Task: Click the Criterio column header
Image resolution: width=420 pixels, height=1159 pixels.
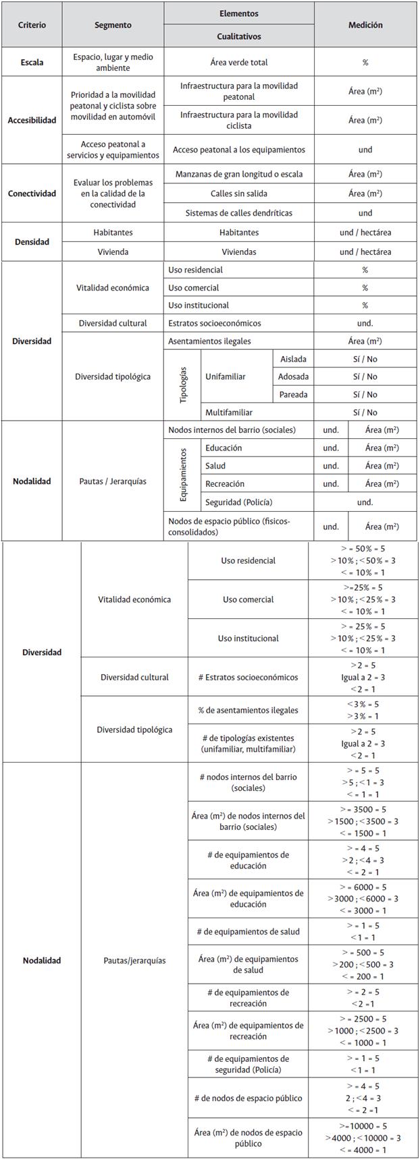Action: [x=32, y=25]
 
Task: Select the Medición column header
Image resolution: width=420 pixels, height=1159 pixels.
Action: [x=365, y=25]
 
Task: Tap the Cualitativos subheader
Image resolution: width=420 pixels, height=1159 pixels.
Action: [x=239, y=36]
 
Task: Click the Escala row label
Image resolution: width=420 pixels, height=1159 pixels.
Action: [x=32, y=63]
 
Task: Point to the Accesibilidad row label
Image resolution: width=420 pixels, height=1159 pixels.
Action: [x=32, y=121]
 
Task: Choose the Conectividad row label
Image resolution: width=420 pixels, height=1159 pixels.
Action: [x=32, y=194]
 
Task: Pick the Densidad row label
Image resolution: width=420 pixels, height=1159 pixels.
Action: [x=32, y=242]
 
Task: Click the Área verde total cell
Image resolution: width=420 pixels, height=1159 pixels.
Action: [x=239, y=63]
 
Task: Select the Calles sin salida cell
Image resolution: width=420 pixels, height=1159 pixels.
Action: [x=239, y=194]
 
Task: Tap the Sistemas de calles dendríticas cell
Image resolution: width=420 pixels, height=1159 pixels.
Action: [x=239, y=213]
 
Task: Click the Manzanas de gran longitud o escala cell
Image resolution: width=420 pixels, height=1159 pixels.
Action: [x=239, y=174]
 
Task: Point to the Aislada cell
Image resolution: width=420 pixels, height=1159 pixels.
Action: [x=293, y=359]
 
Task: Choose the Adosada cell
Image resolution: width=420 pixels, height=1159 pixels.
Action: [x=293, y=377]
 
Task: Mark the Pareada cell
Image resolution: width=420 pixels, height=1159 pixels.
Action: [x=293, y=394]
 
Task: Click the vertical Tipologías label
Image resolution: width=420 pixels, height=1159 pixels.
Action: [x=183, y=386]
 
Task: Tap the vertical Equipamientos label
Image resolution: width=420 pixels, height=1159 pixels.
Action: [x=183, y=475]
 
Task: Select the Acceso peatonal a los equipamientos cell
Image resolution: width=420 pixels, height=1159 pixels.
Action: [x=239, y=150]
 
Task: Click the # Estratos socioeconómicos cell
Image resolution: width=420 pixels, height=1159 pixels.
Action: [x=248, y=677]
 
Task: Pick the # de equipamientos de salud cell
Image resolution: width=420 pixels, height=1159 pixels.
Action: [x=248, y=931]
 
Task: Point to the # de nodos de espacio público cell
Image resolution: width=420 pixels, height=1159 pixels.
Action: [x=248, y=1098]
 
